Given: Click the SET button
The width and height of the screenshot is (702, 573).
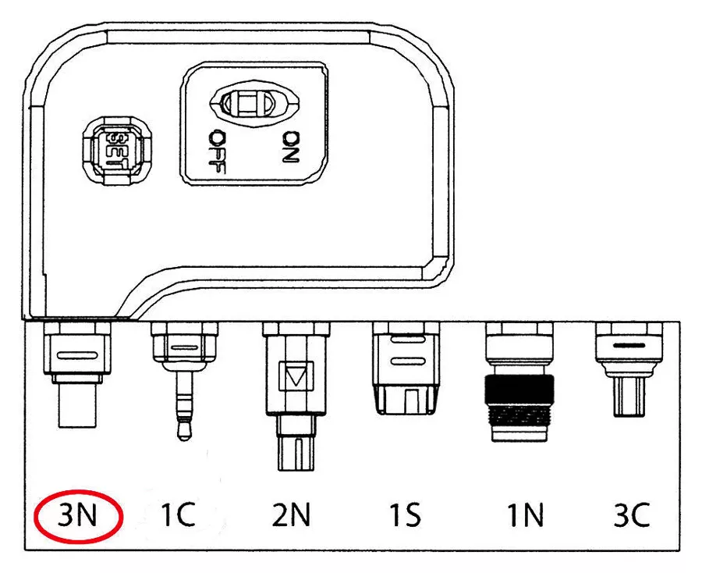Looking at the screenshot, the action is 117,150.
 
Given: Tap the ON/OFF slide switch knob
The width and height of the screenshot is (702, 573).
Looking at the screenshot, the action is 250,104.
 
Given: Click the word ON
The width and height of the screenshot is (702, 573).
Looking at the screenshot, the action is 292,147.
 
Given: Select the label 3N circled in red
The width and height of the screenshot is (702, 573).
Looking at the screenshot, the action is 77,516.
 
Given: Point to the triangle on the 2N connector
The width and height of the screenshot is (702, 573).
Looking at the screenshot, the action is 296,375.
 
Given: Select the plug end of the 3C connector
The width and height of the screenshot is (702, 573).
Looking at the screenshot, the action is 629,397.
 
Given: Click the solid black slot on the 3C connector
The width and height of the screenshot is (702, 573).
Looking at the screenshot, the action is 629,346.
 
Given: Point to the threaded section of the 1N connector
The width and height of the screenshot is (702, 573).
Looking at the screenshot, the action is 519,414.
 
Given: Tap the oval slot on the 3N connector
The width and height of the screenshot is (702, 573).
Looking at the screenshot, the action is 76,355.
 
